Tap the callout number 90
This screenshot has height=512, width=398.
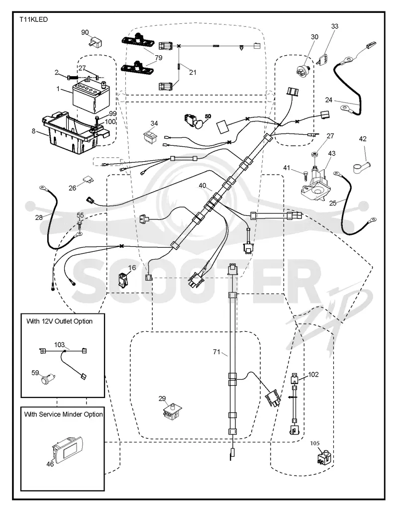pyautogui.click(x=85, y=32)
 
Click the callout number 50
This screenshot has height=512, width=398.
pyautogui.click(x=208, y=116)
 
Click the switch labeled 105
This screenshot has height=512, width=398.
pyautogui.click(x=324, y=457)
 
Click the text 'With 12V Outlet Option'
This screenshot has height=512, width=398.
pyautogui.click(x=59, y=321)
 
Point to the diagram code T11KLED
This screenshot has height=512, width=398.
pyautogui.click(x=33, y=19)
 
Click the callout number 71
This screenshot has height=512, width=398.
pyautogui.click(x=217, y=352)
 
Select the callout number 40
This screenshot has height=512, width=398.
pyautogui.click(x=202, y=186)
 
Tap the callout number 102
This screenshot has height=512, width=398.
pyautogui.click(x=313, y=374)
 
